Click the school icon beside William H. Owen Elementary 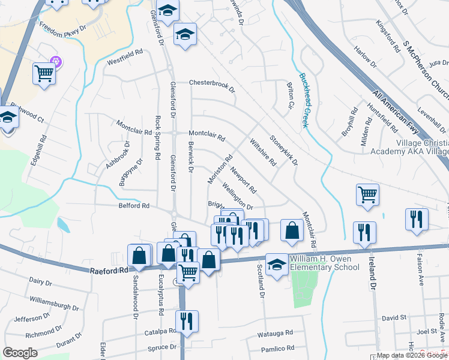tap(277, 265)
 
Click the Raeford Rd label tap(109, 271)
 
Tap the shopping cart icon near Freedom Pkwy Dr tap(44, 73)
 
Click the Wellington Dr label tap(238, 197)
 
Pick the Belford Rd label tap(134, 206)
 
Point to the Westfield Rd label tap(124, 57)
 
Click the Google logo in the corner tap(20, 353)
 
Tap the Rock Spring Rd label tap(158, 137)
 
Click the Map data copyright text tap(412, 355)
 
